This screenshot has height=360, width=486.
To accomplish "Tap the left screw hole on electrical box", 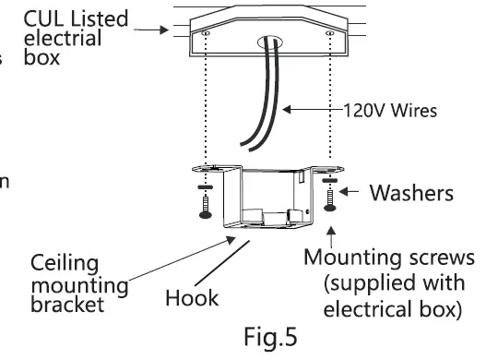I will point(205,33).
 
